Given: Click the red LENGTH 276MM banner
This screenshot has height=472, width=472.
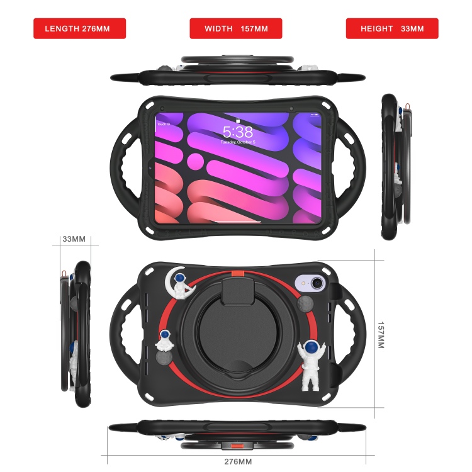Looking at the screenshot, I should (x=79, y=28).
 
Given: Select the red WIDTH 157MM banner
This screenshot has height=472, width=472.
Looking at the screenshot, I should (x=236, y=28).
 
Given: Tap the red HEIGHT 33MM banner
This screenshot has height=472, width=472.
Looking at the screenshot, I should (x=392, y=28).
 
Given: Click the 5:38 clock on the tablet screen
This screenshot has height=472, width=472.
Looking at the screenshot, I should (x=237, y=132).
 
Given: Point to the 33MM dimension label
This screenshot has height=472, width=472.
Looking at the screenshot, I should (x=74, y=239).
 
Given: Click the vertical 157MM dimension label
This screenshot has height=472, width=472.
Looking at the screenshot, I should (x=381, y=335).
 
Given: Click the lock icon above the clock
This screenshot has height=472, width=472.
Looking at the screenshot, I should (x=237, y=120).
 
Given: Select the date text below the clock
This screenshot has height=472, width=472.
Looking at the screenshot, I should (x=237, y=143).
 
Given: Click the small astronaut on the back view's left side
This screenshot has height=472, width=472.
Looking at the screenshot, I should (x=166, y=342).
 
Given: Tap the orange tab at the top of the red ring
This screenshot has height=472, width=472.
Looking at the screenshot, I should (x=237, y=273).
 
